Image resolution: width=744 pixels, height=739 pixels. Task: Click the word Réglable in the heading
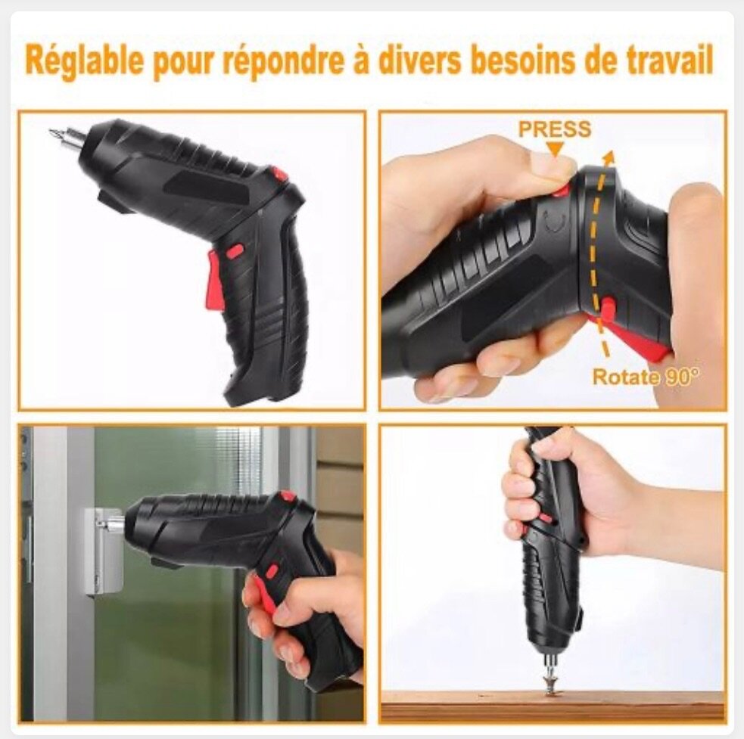[x=83, y=61]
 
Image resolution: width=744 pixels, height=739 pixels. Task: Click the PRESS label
[x=555, y=129]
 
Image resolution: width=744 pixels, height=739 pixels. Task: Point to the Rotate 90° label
[x=646, y=377]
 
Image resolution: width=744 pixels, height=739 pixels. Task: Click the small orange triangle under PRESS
[x=555, y=150]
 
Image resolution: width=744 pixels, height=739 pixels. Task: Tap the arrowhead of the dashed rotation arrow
[x=610, y=157]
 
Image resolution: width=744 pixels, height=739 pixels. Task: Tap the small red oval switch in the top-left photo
[x=235, y=250]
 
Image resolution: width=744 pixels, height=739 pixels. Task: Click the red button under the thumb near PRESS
[x=563, y=190]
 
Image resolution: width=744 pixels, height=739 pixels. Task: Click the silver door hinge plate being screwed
[x=104, y=550]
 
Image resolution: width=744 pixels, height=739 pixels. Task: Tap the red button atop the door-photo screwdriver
[x=288, y=497]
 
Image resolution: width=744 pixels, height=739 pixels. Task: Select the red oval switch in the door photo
[x=272, y=570]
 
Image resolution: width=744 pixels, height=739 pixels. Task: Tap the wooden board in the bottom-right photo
[x=553, y=706]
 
